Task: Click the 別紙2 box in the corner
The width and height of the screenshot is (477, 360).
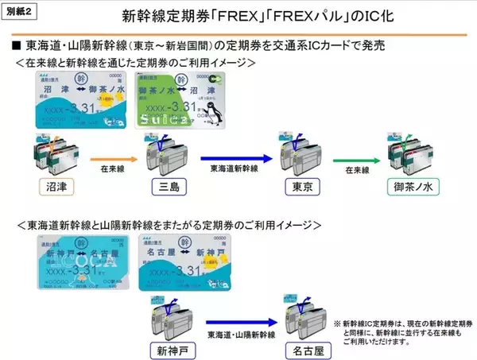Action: point(22,12)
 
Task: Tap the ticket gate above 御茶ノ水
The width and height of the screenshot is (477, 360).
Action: point(413,151)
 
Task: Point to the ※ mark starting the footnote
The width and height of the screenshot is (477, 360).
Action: point(337,324)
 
